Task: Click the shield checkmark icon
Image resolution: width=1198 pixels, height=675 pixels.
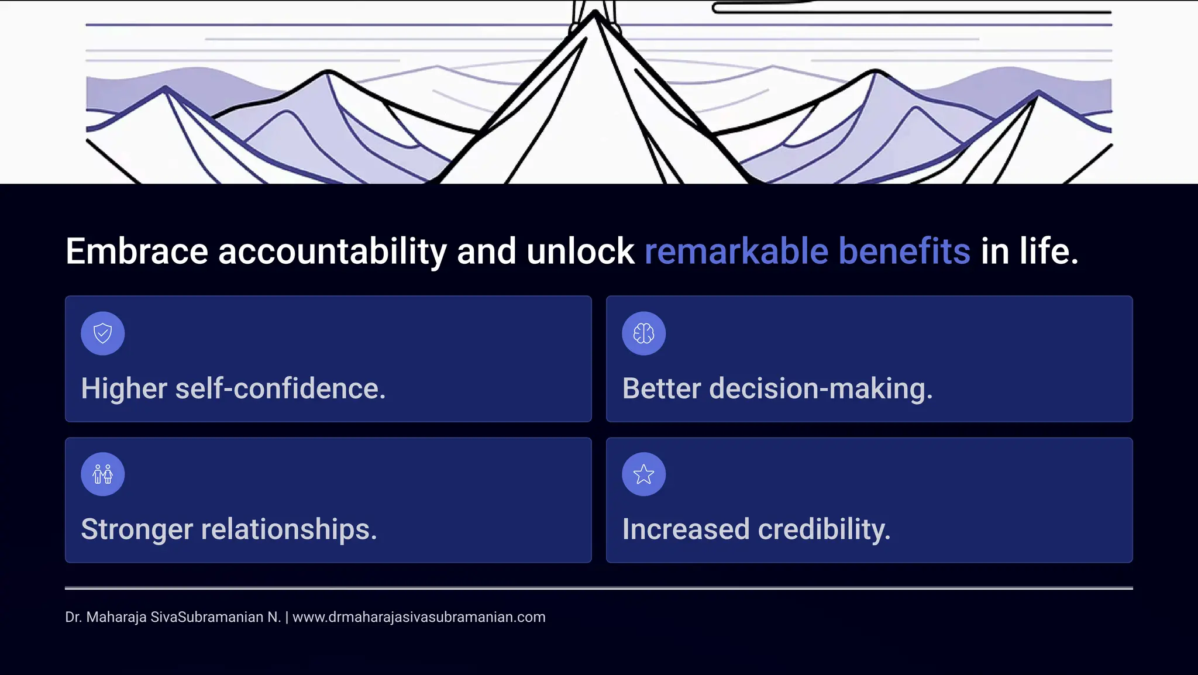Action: click(x=103, y=333)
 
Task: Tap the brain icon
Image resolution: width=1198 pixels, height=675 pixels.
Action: click(x=643, y=333)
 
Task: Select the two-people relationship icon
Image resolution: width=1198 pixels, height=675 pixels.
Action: click(x=103, y=474)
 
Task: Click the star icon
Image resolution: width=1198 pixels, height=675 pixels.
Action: click(x=643, y=474)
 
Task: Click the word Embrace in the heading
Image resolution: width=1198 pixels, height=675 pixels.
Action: click(x=137, y=252)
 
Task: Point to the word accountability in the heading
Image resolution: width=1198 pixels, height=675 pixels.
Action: click(x=332, y=252)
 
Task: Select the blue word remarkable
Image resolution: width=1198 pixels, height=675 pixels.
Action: click(x=736, y=252)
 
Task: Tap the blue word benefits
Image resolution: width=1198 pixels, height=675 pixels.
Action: click(x=904, y=252)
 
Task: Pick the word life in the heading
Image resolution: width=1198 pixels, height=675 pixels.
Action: click(x=1044, y=252)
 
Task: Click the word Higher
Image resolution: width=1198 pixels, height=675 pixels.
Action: click(x=124, y=388)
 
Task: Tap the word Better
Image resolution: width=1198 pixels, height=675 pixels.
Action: click(x=662, y=388)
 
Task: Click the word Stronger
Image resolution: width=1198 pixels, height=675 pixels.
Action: click(x=137, y=529)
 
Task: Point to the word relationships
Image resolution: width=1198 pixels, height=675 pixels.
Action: click(x=288, y=529)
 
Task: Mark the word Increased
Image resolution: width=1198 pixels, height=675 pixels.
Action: click(x=686, y=529)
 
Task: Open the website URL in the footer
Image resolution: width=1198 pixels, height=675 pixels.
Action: click(x=419, y=617)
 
